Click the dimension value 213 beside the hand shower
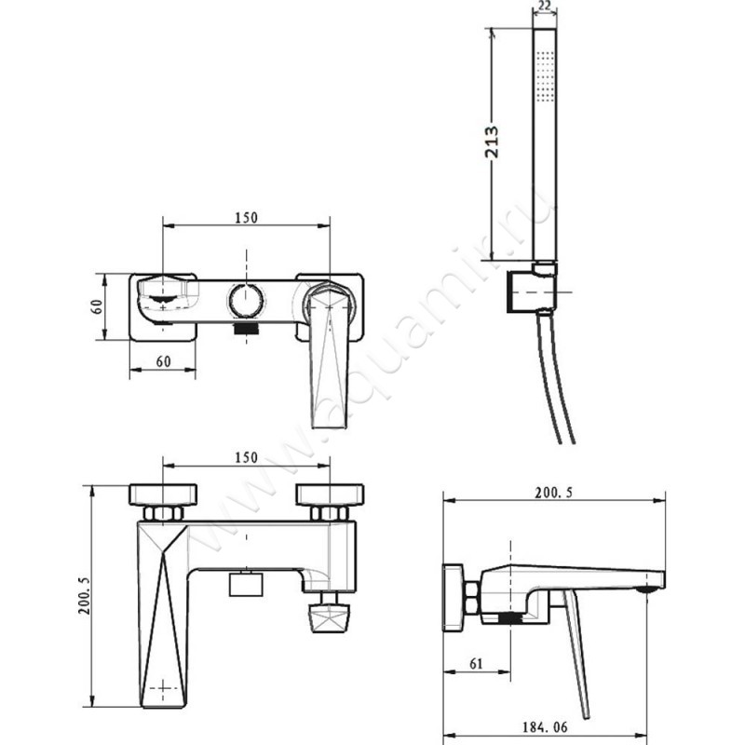click(x=493, y=142)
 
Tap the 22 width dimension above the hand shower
click(x=546, y=7)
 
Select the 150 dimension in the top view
click(x=246, y=218)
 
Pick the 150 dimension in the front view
click(x=246, y=458)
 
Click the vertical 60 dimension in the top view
click(x=96, y=306)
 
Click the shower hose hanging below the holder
click(x=557, y=382)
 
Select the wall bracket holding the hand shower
click(x=535, y=289)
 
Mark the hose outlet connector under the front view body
click(x=328, y=616)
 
